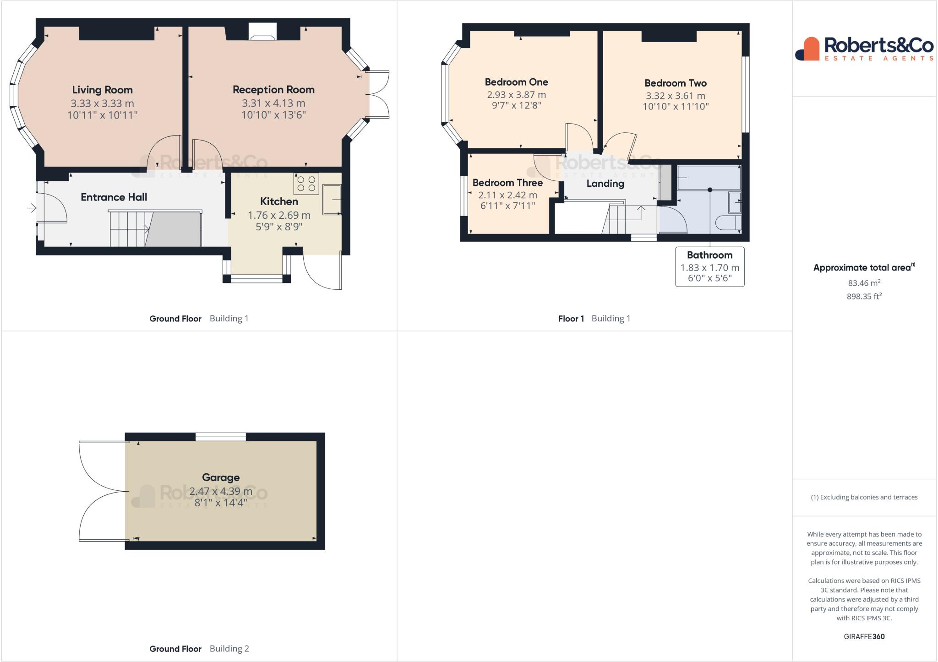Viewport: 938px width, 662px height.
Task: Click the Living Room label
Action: pyautogui.click(x=102, y=90)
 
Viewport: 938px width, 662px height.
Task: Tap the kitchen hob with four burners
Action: pyautogui.click(x=306, y=184)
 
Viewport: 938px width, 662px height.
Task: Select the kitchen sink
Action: pyautogui.click(x=332, y=199)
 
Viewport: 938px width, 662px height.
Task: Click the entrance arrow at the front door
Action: pyautogui.click(x=32, y=208)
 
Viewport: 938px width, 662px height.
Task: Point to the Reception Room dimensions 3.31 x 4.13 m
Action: pyautogui.click(x=273, y=103)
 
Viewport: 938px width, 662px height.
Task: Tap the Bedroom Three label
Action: pyautogui.click(x=507, y=183)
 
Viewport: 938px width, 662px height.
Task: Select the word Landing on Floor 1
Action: pyautogui.click(x=605, y=184)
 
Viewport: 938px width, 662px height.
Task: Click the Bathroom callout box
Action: pyautogui.click(x=709, y=267)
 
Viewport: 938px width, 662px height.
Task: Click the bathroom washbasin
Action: pyautogui.click(x=735, y=202)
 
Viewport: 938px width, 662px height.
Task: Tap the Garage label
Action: pyautogui.click(x=221, y=478)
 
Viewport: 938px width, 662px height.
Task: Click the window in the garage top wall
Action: pyautogui.click(x=221, y=437)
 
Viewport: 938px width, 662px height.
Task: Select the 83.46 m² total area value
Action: pyautogui.click(x=864, y=283)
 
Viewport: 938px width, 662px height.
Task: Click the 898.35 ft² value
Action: pyautogui.click(x=864, y=296)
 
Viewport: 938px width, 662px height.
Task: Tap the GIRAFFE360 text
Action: pyautogui.click(x=864, y=636)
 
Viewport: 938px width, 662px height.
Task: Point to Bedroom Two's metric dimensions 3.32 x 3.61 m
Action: pyautogui.click(x=676, y=96)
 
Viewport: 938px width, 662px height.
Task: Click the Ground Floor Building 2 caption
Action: pyautogui.click(x=199, y=648)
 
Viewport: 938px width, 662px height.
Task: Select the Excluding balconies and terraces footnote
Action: pyautogui.click(x=864, y=497)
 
